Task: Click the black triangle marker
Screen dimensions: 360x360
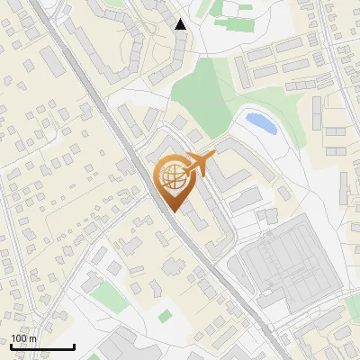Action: [181, 24]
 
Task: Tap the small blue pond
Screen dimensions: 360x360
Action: [260, 122]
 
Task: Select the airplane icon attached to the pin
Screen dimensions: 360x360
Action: [200, 162]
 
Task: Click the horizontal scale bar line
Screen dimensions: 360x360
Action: [42, 346]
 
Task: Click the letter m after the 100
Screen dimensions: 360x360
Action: [32, 339]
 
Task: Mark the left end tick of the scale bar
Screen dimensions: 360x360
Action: [11, 346]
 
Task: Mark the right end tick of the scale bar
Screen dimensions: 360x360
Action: [74, 346]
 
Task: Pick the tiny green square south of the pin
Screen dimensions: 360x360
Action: [165, 316]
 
